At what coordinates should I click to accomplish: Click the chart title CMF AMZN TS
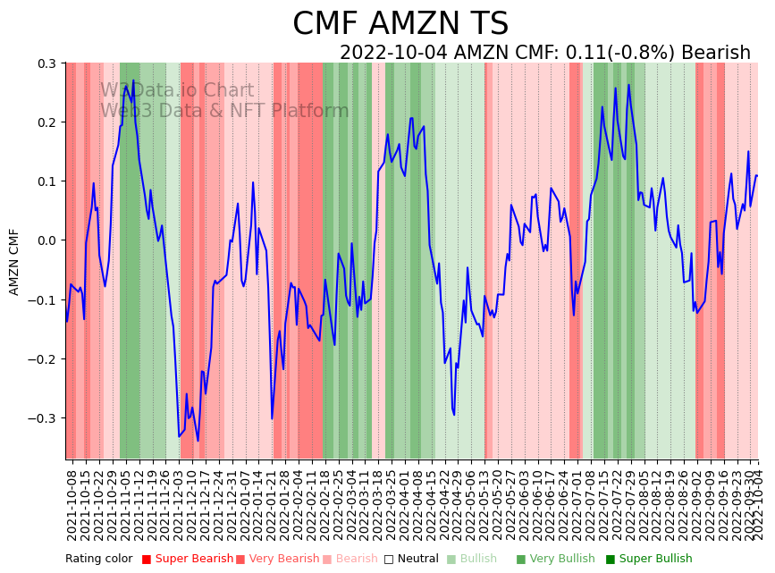point(400,24)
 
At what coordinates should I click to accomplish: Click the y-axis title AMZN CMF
point(14,262)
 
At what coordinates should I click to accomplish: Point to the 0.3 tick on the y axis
point(46,63)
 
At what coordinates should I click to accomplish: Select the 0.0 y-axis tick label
point(46,240)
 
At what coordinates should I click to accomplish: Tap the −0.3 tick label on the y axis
point(42,418)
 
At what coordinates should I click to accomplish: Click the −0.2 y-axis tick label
point(42,359)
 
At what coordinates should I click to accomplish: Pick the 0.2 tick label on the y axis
point(46,122)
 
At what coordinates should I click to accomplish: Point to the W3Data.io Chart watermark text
point(177,91)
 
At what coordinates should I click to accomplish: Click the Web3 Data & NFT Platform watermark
point(224,111)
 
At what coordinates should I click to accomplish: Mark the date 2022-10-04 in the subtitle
point(393,53)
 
